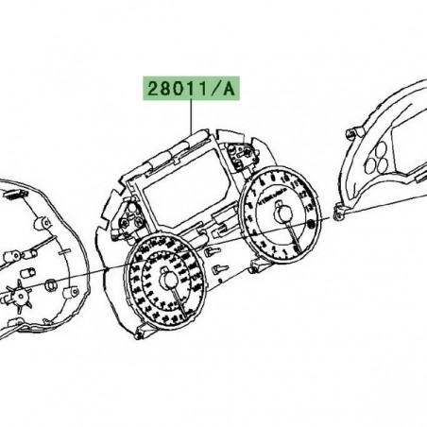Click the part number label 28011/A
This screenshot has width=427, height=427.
[x=191, y=89]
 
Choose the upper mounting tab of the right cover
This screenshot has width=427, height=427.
[x=357, y=126]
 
